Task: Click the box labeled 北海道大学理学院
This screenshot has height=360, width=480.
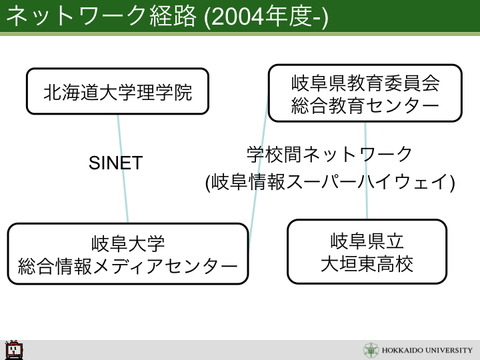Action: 117,91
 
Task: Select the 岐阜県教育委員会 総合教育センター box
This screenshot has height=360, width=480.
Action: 365,93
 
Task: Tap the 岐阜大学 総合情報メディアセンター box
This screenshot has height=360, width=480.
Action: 128,254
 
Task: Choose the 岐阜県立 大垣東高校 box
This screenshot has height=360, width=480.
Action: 367,251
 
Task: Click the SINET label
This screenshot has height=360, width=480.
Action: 116,163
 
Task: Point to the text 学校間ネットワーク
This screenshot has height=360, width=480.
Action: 329,154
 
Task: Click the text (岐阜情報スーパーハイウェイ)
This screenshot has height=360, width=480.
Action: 330,182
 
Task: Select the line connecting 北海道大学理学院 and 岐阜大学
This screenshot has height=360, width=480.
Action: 123,169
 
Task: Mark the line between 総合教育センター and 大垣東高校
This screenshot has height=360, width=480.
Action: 366,171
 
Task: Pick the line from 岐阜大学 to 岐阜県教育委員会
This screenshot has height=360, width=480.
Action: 259,171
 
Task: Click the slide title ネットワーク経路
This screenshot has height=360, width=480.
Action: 101,16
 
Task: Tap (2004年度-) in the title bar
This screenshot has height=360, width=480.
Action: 266,17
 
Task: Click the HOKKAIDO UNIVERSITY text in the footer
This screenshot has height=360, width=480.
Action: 427,350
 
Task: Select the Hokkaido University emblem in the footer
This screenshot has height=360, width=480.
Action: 371,350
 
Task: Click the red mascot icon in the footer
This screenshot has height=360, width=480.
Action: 14,349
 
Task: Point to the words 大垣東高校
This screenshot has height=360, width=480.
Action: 367,264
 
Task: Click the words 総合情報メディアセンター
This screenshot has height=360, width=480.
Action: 128,266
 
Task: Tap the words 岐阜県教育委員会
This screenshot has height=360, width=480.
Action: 365,83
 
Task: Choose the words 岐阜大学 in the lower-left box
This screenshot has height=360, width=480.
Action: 128,244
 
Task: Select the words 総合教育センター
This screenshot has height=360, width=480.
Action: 365,106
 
